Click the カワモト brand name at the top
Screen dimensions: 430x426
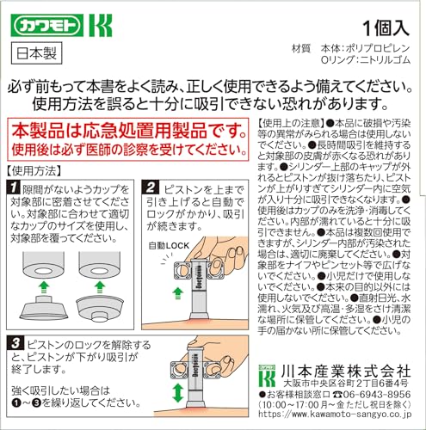pyautogui.click(x=44, y=19)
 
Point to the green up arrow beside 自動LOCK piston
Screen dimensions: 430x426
pyautogui.click(x=178, y=292)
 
